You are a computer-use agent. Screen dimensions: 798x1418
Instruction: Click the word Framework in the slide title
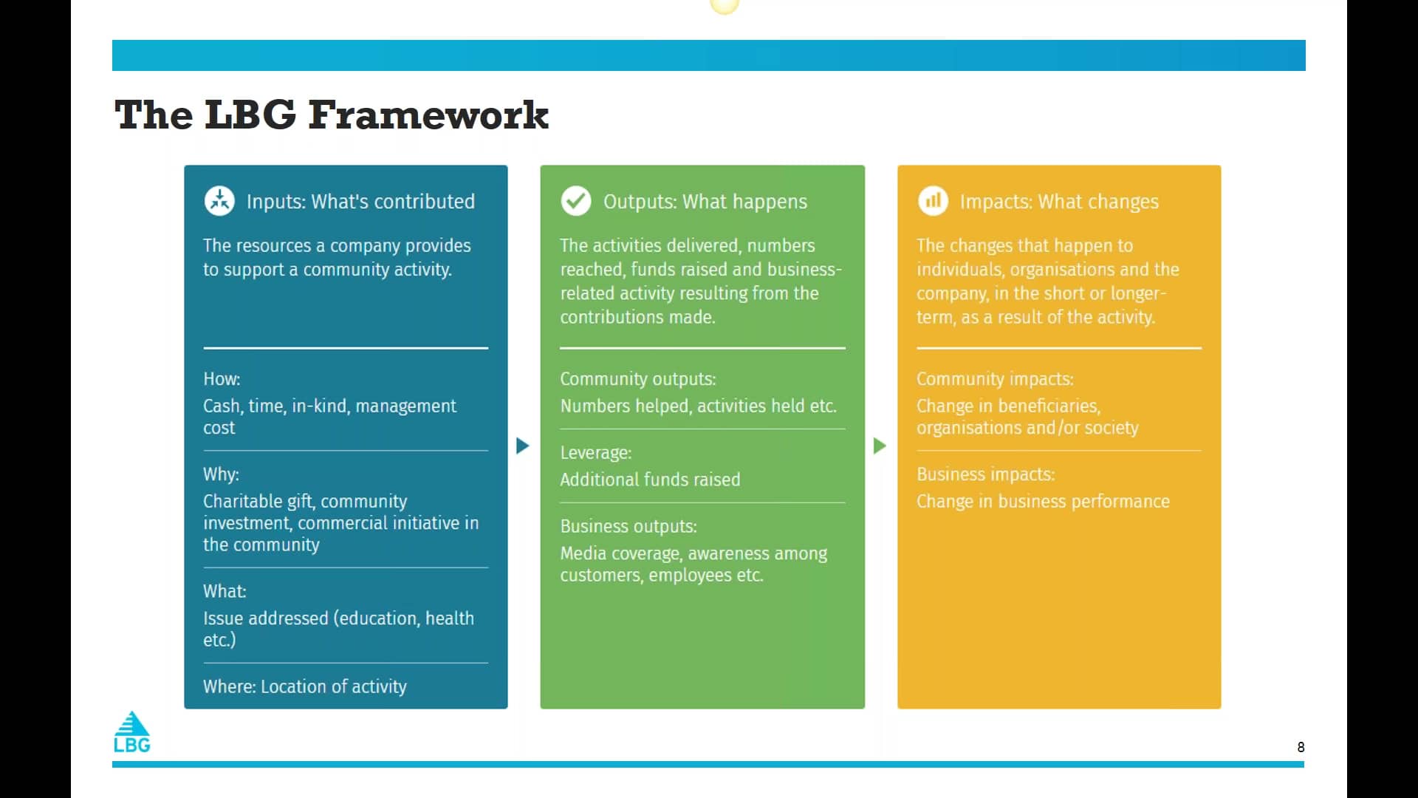[428, 115]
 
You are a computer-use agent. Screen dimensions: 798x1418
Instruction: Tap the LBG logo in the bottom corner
[132, 732]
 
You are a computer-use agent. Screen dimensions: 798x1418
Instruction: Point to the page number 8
[1301, 747]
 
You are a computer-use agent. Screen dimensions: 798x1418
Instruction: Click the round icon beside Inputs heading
[219, 201]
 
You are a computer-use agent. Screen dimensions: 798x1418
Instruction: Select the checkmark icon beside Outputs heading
[576, 201]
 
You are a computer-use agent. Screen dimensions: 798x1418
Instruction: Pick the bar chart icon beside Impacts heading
[933, 201]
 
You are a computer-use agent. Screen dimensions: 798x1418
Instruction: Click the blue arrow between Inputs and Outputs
[522, 446]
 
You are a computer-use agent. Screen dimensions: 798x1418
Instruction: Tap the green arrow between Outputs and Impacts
[879, 446]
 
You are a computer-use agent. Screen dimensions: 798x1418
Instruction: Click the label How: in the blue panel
[222, 379]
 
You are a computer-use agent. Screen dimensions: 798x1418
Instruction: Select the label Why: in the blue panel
[221, 474]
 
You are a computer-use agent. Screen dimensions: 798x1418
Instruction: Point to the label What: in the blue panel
[225, 591]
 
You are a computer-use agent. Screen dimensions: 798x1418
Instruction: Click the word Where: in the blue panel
[229, 686]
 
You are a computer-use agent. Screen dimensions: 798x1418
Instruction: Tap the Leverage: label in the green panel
[595, 453]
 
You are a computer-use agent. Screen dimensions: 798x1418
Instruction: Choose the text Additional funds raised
[650, 480]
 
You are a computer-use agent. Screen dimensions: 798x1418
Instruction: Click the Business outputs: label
[628, 527]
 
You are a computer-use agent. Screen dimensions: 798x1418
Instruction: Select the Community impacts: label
[995, 379]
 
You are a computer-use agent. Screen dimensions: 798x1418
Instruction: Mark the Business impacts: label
[985, 474]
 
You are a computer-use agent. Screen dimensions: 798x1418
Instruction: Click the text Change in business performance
[1043, 502]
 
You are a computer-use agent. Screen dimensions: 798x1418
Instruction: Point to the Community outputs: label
[637, 379]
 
